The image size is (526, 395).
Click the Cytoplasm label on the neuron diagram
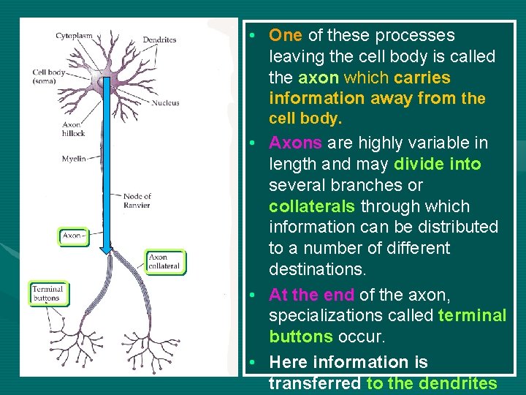(x=73, y=36)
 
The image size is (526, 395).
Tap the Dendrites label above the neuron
(x=159, y=39)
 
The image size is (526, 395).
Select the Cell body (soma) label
(x=49, y=76)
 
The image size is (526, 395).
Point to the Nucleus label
(x=166, y=103)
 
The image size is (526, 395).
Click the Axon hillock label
(x=73, y=129)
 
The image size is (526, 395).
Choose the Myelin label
(x=74, y=158)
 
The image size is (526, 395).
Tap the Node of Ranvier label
(x=137, y=200)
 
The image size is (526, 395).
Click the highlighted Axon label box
(x=73, y=236)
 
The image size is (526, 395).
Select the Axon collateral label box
(x=164, y=261)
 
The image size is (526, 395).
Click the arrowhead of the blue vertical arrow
(x=107, y=249)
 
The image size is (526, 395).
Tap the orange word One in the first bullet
(x=285, y=35)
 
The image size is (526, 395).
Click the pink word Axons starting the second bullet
(x=295, y=143)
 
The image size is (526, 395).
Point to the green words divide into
(x=437, y=164)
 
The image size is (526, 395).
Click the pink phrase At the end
(x=311, y=295)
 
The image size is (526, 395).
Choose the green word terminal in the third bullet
(x=472, y=316)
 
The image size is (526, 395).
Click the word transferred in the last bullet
(x=314, y=383)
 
